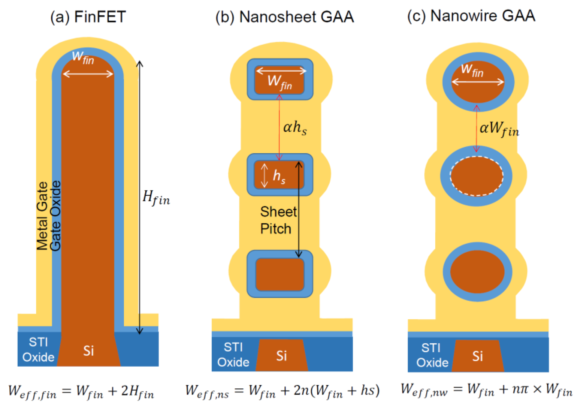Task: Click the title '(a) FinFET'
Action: pos(88,17)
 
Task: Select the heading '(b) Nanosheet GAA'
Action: pos(285,17)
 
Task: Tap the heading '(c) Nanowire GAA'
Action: pos(471,16)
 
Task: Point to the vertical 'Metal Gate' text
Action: pos(42,216)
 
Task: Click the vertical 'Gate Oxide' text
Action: pos(56,216)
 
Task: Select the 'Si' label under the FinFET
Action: pos(89,351)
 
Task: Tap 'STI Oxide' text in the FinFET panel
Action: pos(38,350)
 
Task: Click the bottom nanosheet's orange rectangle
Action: pos(280,275)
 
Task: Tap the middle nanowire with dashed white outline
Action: pos(477,176)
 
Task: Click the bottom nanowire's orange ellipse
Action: pos(477,272)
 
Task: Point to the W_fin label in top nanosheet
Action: pos(280,83)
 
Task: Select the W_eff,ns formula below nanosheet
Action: pos(282,391)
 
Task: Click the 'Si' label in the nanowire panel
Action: pos(477,356)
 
